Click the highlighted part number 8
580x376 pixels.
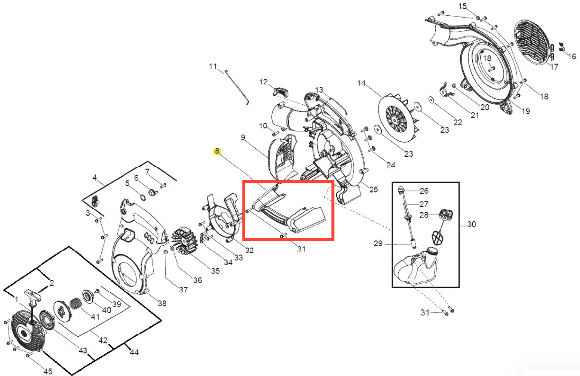click(x=217, y=151)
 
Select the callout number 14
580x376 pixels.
click(x=362, y=84)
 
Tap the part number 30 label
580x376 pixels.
click(x=472, y=224)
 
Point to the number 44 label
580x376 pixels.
click(x=134, y=352)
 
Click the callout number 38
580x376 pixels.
click(x=162, y=303)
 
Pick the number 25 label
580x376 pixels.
click(x=373, y=189)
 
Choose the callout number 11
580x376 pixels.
click(x=213, y=67)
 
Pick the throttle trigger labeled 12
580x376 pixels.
click(x=281, y=91)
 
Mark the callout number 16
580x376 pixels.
click(x=572, y=56)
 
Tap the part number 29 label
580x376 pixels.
click(x=378, y=244)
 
